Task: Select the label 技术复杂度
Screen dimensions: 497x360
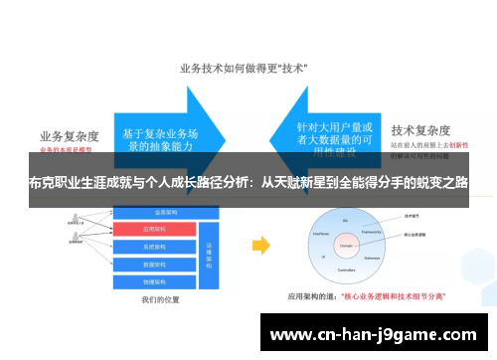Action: tap(420, 130)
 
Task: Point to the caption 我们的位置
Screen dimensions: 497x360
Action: tap(162, 298)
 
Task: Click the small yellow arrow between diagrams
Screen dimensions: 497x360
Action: tap(260, 246)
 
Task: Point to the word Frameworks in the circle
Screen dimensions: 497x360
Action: tap(374, 231)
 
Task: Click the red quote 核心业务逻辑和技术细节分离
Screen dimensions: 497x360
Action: tap(393, 295)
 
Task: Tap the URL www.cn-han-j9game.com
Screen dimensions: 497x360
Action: tap(374, 334)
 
